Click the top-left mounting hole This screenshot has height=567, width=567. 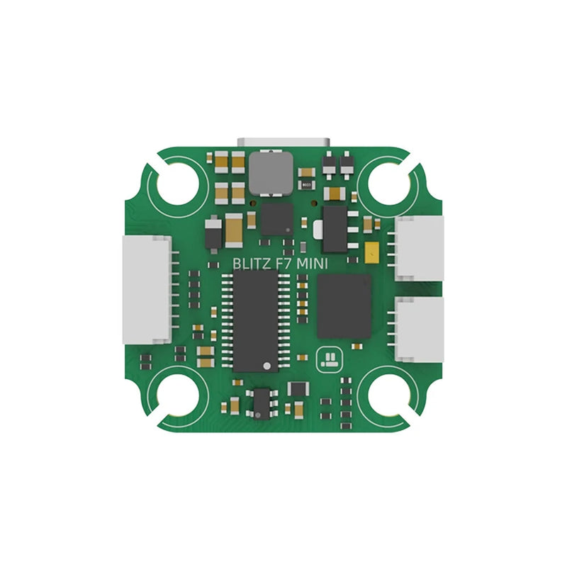point(178,181)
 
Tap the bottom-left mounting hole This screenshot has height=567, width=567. point(178,392)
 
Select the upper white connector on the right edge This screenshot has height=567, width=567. point(419,247)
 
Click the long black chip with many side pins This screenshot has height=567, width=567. point(256,320)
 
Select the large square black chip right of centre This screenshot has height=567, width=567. point(344,306)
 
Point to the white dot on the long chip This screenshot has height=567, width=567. point(266,366)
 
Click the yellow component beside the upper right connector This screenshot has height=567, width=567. point(371,250)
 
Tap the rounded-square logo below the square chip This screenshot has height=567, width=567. point(330,359)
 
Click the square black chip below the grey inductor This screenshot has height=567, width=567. point(276,219)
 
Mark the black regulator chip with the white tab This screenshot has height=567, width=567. point(333,229)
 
